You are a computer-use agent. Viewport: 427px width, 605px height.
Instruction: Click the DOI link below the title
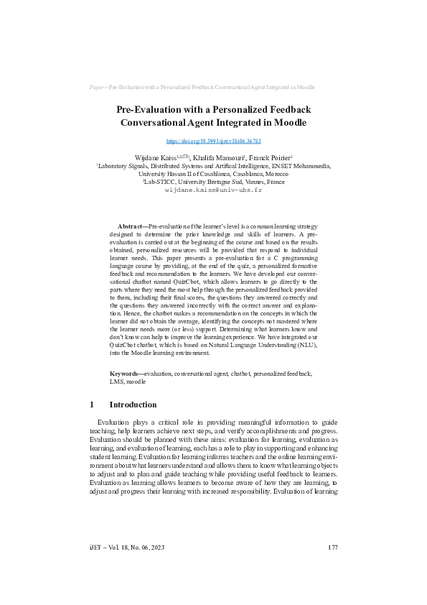(213, 141)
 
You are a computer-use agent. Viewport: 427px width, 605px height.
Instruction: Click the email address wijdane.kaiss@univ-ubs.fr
(213, 190)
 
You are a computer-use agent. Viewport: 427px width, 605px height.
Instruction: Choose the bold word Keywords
(124, 374)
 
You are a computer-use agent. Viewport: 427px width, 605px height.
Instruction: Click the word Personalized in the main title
(245, 109)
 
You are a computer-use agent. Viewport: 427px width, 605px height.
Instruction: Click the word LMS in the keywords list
(116, 382)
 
